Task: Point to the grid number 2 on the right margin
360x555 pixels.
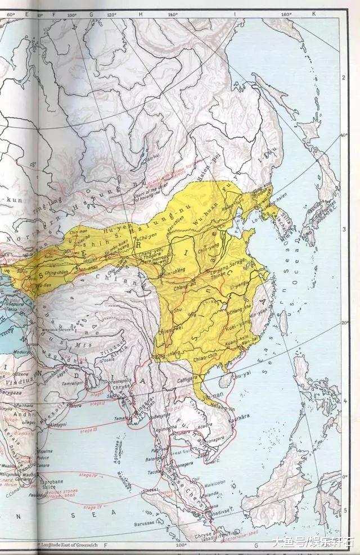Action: (x=344, y=76)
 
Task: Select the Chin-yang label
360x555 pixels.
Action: (x=210, y=245)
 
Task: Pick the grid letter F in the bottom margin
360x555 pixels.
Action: (x=105, y=545)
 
